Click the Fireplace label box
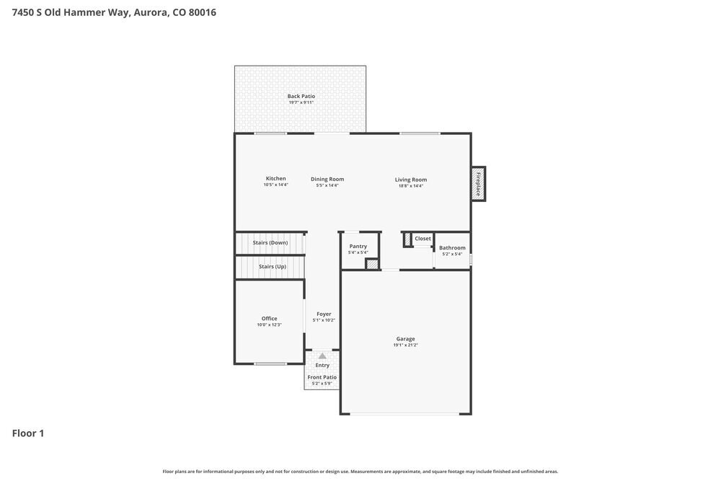point(477,184)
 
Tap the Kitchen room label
point(275,179)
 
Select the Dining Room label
point(327,180)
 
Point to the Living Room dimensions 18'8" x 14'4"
point(410,186)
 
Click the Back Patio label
point(301,97)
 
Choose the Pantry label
point(358,247)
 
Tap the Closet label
point(423,239)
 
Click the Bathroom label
point(452,248)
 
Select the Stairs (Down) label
point(270,243)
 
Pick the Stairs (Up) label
point(272,267)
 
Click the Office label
point(269,319)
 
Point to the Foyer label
point(324,314)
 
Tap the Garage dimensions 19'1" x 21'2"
point(405,345)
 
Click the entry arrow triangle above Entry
point(322,356)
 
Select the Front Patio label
point(322,377)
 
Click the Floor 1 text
point(28,433)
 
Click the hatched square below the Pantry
point(372,265)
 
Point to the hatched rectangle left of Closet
point(407,239)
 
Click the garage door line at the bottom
point(405,414)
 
